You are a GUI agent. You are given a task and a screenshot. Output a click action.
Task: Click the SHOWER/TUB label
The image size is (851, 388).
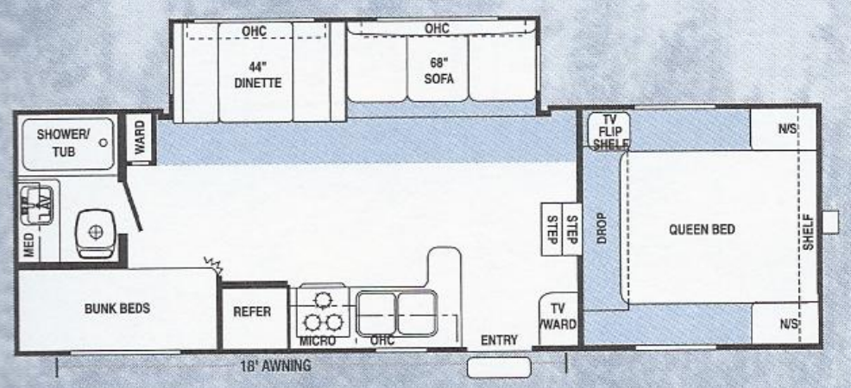click(57, 141)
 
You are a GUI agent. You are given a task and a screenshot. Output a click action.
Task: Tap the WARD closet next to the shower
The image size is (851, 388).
click(140, 138)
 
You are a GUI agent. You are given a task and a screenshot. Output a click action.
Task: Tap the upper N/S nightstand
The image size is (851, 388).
click(785, 128)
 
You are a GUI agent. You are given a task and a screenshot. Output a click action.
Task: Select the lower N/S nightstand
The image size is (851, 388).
click(785, 325)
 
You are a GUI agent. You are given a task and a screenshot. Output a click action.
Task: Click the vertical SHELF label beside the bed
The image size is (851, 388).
click(809, 230)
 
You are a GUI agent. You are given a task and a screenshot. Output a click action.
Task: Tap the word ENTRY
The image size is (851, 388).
click(499, 341)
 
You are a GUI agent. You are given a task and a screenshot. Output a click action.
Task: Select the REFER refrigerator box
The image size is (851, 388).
click(252, 312)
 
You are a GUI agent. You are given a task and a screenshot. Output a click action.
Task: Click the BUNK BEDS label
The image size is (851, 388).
click(117, 310)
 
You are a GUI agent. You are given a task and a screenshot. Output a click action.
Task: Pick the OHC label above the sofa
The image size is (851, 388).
click(437, 28)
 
